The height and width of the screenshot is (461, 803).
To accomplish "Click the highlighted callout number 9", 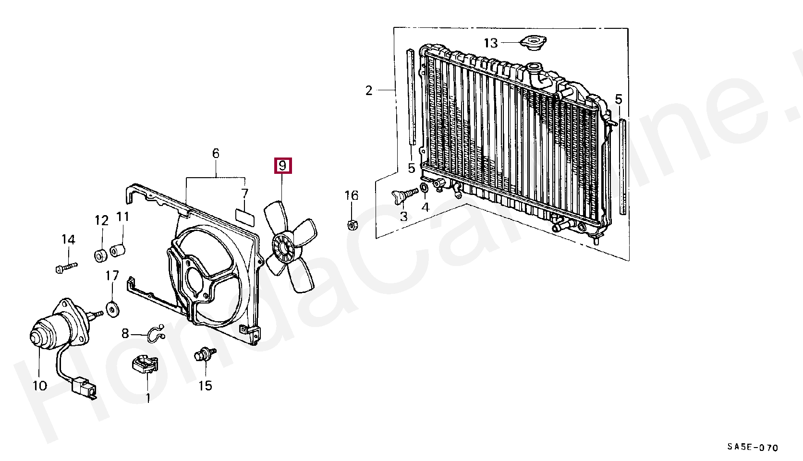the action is coord(282,166).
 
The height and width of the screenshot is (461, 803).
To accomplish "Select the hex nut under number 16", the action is coord(351,224).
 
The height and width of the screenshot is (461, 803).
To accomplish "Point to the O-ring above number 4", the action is coord(425,188).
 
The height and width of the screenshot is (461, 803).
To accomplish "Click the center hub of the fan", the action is coord(283,247).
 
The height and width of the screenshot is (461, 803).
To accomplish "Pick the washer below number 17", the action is coord(113,309).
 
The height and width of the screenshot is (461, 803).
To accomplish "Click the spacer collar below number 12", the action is coord(101,255).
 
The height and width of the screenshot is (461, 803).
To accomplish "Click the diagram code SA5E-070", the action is coord(752,448).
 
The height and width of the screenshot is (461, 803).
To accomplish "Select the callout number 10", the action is coord(40,385).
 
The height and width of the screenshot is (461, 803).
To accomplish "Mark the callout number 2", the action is coord(369,90).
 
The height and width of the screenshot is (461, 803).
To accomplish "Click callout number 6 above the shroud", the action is coord(216,154).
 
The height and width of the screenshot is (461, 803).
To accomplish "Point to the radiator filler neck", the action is coord(534,70).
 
